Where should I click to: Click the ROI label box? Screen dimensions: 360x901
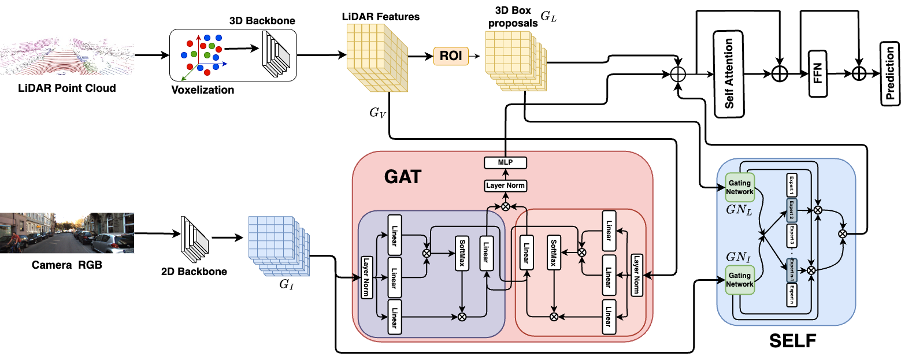click(x=451, y=56)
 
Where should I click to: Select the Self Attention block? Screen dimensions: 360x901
click(x=729, y=73)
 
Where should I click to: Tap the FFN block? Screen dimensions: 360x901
click(x=818, y=73)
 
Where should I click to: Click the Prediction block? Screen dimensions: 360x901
click(x=890, y=73)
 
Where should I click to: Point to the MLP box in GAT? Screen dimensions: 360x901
click(x=505, y=162)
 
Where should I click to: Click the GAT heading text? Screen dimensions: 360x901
click(x=403, y=177)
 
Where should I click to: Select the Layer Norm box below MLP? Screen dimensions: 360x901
click(x=505, y=185)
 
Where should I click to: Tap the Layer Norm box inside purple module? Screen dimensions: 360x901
click(x=366, y=277)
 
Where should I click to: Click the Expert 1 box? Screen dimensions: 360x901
click(x=791, y=185)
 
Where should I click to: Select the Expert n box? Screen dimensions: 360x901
click(x=791, y=295)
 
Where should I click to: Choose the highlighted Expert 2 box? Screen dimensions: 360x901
click(x=791, y=210)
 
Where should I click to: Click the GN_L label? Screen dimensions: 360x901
click(x=739, y=210)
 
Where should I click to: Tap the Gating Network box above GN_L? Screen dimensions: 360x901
click(x=740, y=187)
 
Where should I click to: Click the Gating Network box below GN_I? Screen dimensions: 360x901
click(x=740, y=280)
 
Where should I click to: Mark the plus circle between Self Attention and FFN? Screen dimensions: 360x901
click(x=780, y=73)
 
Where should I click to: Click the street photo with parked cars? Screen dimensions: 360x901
click(x=67, y=233)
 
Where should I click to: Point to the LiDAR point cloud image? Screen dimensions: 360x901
click(x=67, y=54)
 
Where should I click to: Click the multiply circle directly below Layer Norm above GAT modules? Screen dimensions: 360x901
click(x=505, y=206)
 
